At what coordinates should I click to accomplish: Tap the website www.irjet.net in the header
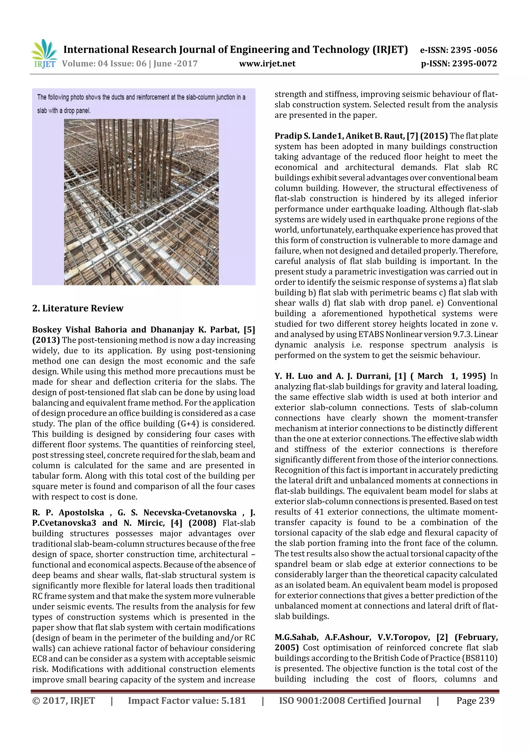(267, 64)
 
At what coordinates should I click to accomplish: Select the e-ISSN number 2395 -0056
(474, 50)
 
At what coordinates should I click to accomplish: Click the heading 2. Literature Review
(78, 308)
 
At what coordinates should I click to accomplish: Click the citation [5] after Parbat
(249, 330)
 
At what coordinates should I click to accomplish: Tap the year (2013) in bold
(46, 340)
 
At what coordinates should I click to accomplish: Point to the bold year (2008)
(202, 523)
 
